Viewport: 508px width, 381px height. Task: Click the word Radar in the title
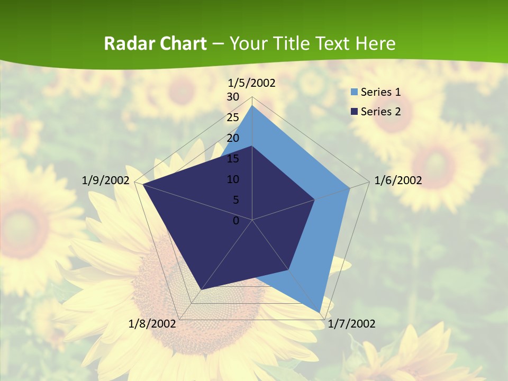126,43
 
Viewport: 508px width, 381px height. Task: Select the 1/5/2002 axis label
252,83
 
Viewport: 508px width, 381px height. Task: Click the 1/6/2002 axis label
398,180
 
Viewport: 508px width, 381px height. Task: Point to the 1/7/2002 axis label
352,324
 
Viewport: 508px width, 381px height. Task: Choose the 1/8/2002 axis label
152,324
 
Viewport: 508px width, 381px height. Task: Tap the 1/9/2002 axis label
106,180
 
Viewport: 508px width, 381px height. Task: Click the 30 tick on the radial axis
233,97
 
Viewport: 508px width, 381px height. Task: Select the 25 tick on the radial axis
233,117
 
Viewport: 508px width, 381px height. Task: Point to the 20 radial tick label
233,138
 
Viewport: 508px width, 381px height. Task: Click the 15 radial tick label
233,159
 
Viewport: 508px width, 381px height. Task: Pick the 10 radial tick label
233,179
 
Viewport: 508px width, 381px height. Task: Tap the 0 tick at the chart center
236,221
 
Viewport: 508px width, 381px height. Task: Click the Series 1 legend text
380,92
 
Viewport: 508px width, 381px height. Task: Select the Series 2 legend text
380,111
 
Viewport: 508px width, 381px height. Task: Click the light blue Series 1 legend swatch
354,92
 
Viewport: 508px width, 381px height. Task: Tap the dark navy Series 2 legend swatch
354,111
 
